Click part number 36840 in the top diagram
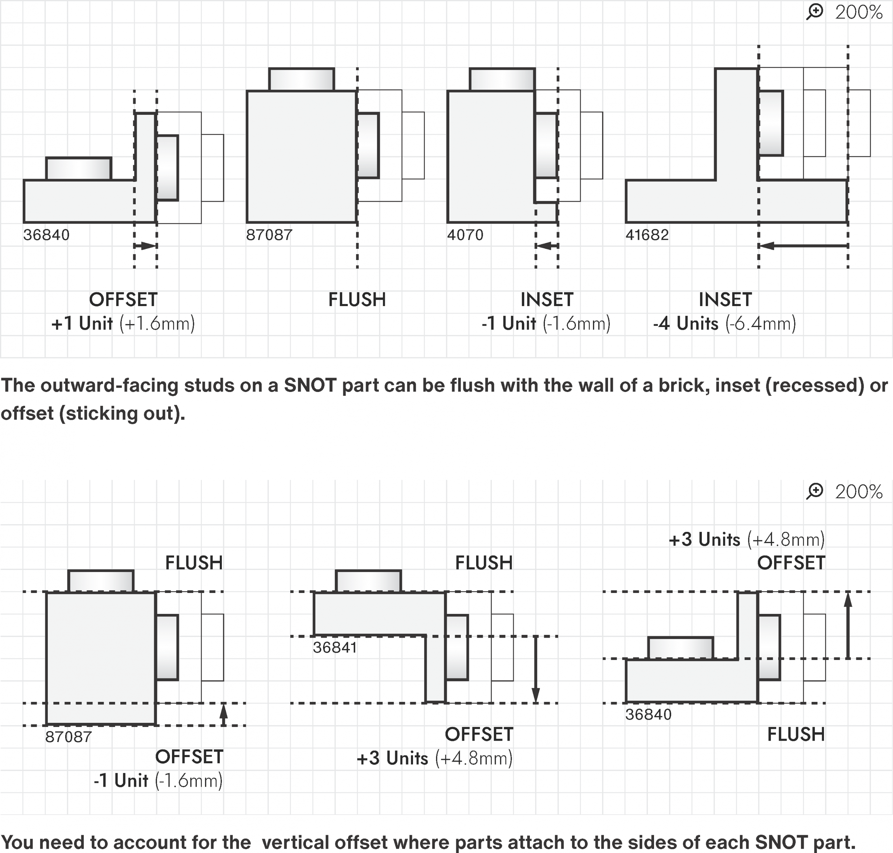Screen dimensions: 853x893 pos(46,235)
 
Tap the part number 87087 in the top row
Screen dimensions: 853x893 pos(269,235)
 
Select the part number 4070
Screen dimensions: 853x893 pos(465,235)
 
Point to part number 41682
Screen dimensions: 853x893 pos(647,235)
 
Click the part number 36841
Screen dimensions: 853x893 pos(335,647)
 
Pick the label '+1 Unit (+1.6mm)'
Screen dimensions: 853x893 pos(123,324)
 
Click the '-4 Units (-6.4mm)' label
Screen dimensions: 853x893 pos(725,324)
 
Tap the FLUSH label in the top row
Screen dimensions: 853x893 pos(357,300)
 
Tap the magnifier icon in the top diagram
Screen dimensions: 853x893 pos(815,12)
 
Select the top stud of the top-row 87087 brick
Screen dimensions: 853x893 pos(301,80)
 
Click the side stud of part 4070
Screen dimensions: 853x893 pos(546,146)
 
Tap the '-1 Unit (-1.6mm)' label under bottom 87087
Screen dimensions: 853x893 pos(158,781)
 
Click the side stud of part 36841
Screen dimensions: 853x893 pos(457,647)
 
